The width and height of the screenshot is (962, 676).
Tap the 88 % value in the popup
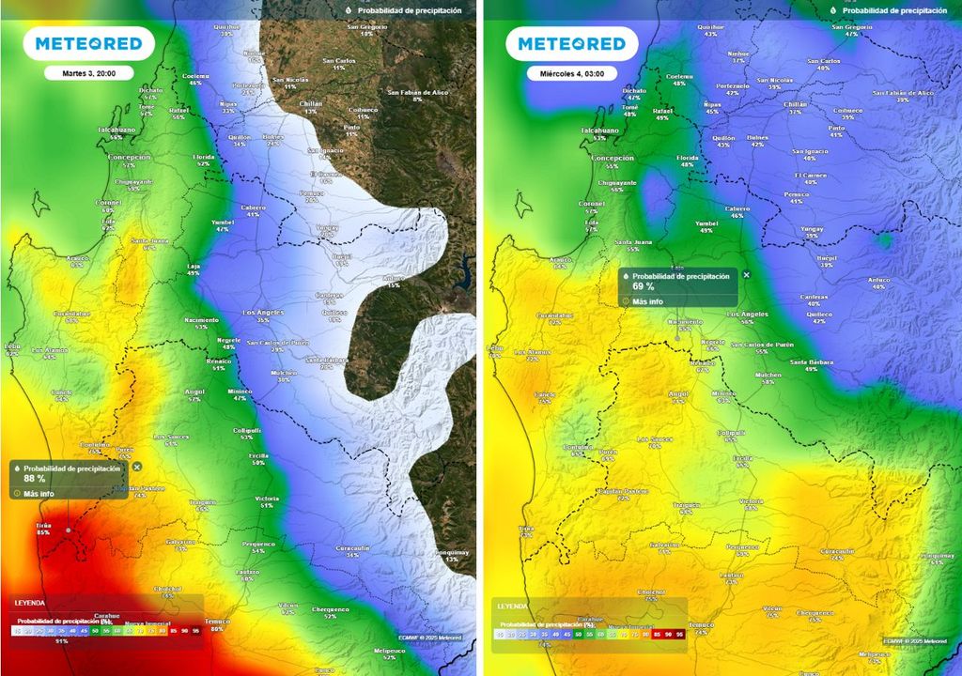point(35,478)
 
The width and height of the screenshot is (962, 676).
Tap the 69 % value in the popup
point(644,286)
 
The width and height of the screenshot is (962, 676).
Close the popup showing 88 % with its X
point(137,467)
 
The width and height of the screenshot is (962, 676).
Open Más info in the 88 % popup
point(39,493)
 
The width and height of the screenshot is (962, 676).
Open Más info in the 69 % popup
point(647,301)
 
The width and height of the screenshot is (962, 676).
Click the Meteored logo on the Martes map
point(88,43)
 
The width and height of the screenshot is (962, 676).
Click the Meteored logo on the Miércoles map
point(571,43)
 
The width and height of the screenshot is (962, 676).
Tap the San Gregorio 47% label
point(852,30)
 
